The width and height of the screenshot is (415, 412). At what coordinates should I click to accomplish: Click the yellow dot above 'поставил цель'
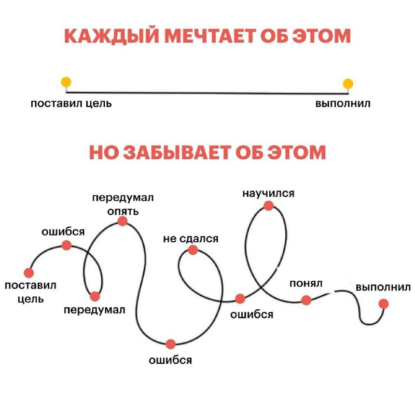tap(66, 82)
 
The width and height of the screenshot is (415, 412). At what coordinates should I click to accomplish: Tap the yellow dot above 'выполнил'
tap(348, 84)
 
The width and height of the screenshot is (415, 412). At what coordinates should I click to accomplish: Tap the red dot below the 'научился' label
tap(268, 205)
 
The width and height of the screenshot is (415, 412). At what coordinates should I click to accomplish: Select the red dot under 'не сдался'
tap(192, 250)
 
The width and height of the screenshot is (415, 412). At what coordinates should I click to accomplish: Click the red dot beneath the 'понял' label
tap(306, 300)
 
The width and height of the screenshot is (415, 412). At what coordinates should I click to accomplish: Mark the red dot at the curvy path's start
tap(29, 273)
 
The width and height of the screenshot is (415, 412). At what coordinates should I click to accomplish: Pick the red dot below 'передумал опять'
tap(122, 221)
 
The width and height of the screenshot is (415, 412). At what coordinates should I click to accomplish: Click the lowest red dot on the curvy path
tap(171, 344)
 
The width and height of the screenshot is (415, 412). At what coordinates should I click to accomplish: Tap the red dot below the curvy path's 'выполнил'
tap(383, 304)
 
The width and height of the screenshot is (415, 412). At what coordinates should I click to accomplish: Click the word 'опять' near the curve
tap(123, 211)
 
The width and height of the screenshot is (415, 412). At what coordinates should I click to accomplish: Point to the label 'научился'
tap(268, 194)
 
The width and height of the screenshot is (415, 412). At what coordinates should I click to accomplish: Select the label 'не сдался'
tap(191, 239)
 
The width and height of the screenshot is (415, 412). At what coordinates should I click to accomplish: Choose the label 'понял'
tap(306, 284)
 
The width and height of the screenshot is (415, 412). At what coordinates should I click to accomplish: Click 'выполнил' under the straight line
tap(343, 103)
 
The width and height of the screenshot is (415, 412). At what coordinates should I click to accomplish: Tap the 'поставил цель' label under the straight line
tap(71, 103)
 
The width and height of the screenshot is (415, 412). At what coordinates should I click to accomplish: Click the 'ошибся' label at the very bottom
tap(171, 360)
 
